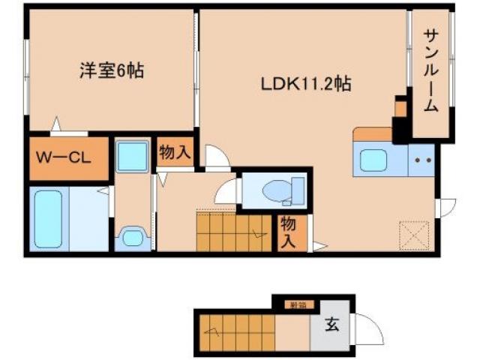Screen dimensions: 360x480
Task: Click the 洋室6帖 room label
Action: pyautogui.click(x=112, y=72)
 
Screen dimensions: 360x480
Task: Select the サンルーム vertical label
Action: pyautogui.click(x=430, y=70)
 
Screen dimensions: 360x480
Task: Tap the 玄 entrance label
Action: pyautogui.click(x=331, y=326)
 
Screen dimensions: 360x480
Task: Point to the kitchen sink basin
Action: pyautogui.click(x=372, y=160)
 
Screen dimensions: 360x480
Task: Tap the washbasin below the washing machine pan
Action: pyautogui.click(x=133, y=237)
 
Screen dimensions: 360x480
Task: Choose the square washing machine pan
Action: pyautogui.click(x=133, y=157)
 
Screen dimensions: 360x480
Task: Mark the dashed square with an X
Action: pyautogui.click(x=412, y=235)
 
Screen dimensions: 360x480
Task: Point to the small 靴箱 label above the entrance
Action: pyautogui.click(x=299, y=304)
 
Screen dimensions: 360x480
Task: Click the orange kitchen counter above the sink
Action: pyautogui.click(x=373, y=134)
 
